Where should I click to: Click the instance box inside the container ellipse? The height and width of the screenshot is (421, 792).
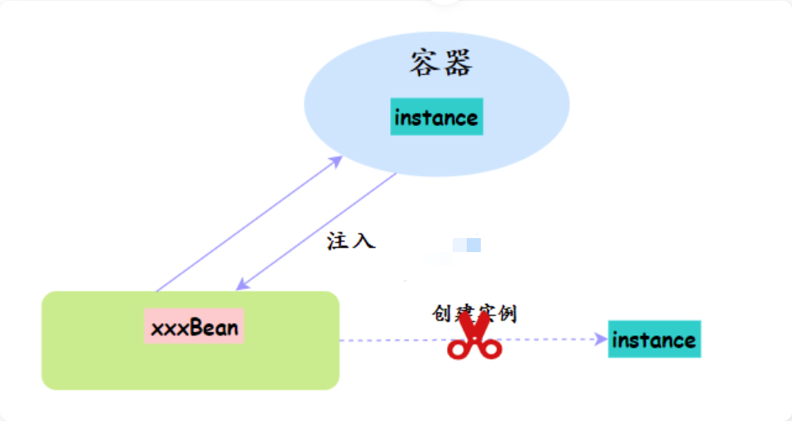436,117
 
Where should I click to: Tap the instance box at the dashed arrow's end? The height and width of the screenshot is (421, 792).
655,339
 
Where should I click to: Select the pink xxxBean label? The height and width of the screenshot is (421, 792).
194,326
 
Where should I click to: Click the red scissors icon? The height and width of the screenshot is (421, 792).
474,335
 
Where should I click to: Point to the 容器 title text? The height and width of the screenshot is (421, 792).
441,63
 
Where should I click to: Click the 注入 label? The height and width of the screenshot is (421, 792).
351,241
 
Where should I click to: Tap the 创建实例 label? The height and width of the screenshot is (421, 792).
474,313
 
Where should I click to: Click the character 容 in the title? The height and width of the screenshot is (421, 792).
424,63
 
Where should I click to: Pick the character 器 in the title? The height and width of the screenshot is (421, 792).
458,63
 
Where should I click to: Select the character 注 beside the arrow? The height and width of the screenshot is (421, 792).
338,241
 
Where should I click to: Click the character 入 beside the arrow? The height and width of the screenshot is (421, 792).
364,241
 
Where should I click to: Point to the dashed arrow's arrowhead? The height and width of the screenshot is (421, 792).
601,339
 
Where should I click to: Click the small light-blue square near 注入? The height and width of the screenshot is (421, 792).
467,246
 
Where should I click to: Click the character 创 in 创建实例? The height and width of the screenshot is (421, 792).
441,313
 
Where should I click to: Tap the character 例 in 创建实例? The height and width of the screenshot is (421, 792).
508,313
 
